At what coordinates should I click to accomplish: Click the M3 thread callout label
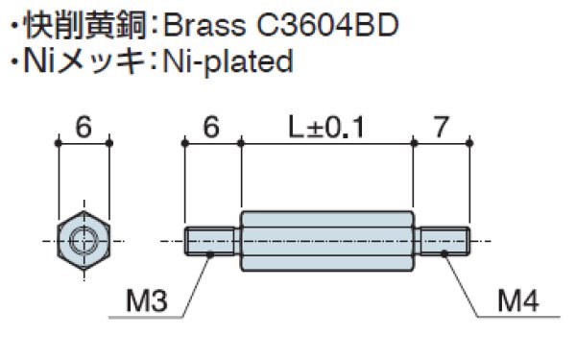[x=147, y=300]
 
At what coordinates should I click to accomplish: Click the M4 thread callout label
[x=518, y=300]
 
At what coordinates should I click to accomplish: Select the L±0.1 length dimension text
[x=326, y=127]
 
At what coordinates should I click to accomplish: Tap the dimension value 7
[x=442, y=127]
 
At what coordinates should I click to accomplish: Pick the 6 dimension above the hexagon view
[x=84, y=127]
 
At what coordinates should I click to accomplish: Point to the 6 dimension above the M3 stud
[x=211, y=127]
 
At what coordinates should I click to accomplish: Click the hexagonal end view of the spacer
[x=84, y=241]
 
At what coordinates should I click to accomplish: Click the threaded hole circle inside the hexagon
[x=84, y=241]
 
